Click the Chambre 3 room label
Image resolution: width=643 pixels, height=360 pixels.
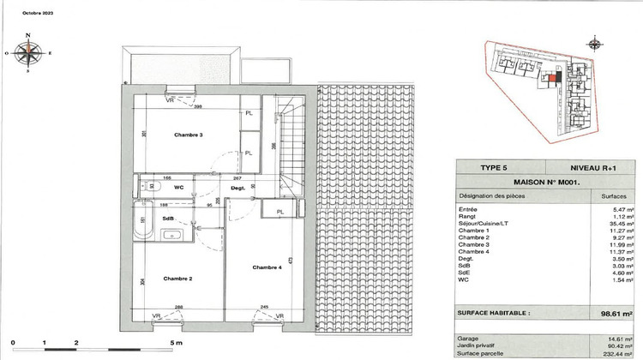coord(188,135)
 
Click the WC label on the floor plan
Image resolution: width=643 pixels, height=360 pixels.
coord(179,186)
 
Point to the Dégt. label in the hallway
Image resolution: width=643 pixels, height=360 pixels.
coord(238,187)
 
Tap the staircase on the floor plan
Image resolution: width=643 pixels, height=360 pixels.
coord(291,146)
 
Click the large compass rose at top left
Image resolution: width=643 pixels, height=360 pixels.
coord(29,53)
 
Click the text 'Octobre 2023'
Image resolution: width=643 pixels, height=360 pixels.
coord(25,10)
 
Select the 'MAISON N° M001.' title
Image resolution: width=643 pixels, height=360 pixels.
coord(546,183)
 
